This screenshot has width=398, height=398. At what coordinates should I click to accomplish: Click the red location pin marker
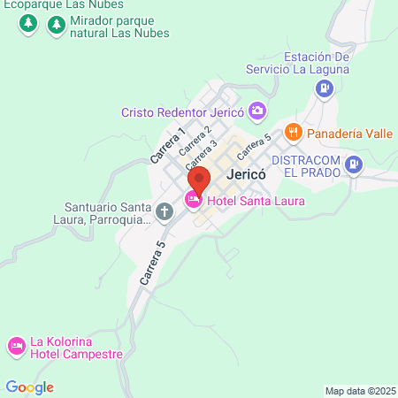click(x=199, y=180)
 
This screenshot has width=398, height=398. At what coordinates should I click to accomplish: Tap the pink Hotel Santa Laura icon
click(x=193, y=201)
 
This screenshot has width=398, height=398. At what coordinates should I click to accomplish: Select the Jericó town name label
click(x=246, y=175)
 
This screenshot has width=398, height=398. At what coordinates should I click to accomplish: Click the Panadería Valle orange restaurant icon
click(x=294, y=133)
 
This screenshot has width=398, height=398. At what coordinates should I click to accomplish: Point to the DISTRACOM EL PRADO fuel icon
click(x=355, y=163)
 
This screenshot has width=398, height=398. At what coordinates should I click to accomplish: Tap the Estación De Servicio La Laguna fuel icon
click(x=325, y=88)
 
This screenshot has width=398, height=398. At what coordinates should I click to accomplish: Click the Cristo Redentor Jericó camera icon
click(x=257, y=111)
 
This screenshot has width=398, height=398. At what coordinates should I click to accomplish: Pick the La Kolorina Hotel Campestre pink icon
click(x=16, y=346)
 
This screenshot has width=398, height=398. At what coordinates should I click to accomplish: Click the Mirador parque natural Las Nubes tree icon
click(x=57, y=25)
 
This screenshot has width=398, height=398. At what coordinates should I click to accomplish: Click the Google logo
click(x=29, y=387)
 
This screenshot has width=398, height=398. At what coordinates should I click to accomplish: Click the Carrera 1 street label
click(x=167, y=145)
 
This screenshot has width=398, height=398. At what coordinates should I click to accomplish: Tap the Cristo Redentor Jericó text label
click(x=183, y=112)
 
